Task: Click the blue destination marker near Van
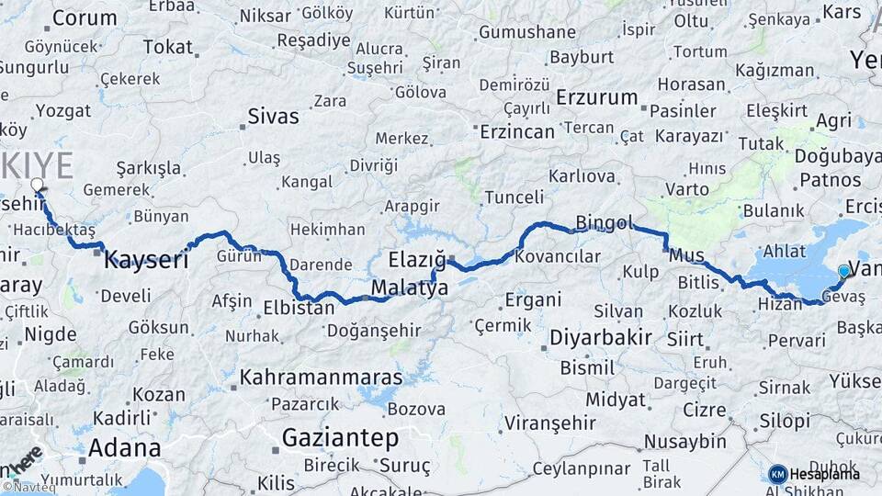(844, 271)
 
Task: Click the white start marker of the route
(38, 186)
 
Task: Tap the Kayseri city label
(146, 259)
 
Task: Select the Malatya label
(409, 288)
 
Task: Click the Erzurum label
(597, 97)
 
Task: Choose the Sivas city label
(274, 117)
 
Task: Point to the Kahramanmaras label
(321, 378)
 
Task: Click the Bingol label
(605, 222)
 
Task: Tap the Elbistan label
(299, 308)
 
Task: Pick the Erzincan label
(518, 131)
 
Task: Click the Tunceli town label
(514, 197)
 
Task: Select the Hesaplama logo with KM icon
(815, 474)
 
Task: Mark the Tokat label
(168, 47)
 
